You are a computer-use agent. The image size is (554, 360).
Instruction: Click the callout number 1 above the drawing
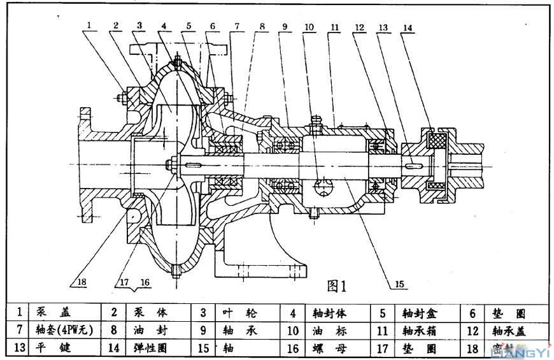tap(90, 25)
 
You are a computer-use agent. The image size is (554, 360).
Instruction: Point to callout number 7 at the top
tap(237, 27)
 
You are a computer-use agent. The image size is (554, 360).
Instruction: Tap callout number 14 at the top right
tap(408, 27)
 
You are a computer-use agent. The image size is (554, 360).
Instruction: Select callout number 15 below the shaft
tap(399, 284)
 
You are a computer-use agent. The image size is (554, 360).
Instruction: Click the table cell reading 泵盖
tap(53, 312)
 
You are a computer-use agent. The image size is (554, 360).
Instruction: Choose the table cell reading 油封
tap(146, 330)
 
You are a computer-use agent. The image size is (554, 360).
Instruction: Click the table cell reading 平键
tap(53, 348)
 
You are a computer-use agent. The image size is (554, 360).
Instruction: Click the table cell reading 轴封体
tap(329, 312)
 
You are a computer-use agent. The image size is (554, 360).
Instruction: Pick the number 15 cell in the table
tap(204, 348)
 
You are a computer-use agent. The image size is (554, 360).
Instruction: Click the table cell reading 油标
tap(327, 330)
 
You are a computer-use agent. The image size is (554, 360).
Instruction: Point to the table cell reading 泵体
tap(146, 312)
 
